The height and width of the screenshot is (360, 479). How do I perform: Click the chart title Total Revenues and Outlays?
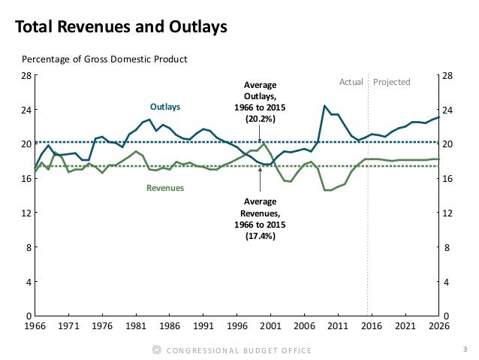point(122,29)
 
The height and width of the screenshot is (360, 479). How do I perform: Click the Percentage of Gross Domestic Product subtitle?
point(104,59)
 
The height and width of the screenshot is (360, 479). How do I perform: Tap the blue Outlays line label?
point(165,107)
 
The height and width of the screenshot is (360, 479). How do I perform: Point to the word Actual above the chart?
point(351,81)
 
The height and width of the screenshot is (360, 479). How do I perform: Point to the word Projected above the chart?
point(392,81)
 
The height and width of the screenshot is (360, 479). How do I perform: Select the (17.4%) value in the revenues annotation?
point(260,236)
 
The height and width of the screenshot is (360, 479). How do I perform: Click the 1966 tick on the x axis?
point(35,327)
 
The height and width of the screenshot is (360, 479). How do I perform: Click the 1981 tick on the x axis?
point(136,327)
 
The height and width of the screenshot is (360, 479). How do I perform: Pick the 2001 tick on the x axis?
point(271,327)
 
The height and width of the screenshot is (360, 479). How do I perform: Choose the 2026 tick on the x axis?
point(439,327)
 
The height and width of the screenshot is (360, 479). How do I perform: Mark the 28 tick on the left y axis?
point(25,76)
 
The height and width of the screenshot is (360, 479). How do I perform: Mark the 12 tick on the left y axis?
point(25,213)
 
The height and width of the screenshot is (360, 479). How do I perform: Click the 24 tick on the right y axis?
point(448,110)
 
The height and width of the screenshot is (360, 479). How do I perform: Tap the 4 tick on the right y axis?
point(448,283)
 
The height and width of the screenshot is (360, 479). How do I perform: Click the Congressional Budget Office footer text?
point(241,350)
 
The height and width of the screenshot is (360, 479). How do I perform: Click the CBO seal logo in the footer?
point(157,349)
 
